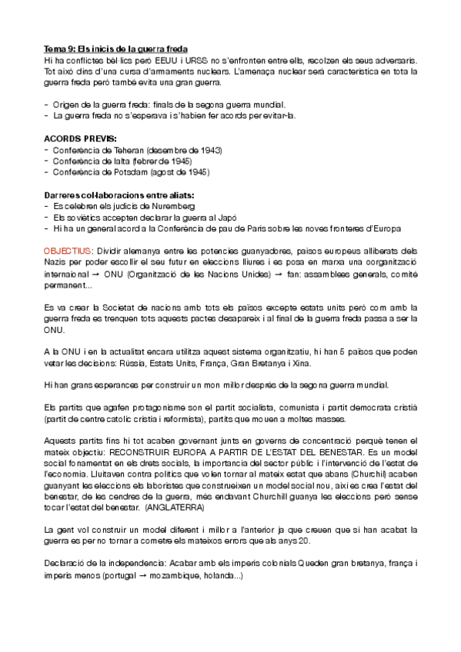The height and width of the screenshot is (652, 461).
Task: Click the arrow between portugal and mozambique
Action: click(x=130, y=574)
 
